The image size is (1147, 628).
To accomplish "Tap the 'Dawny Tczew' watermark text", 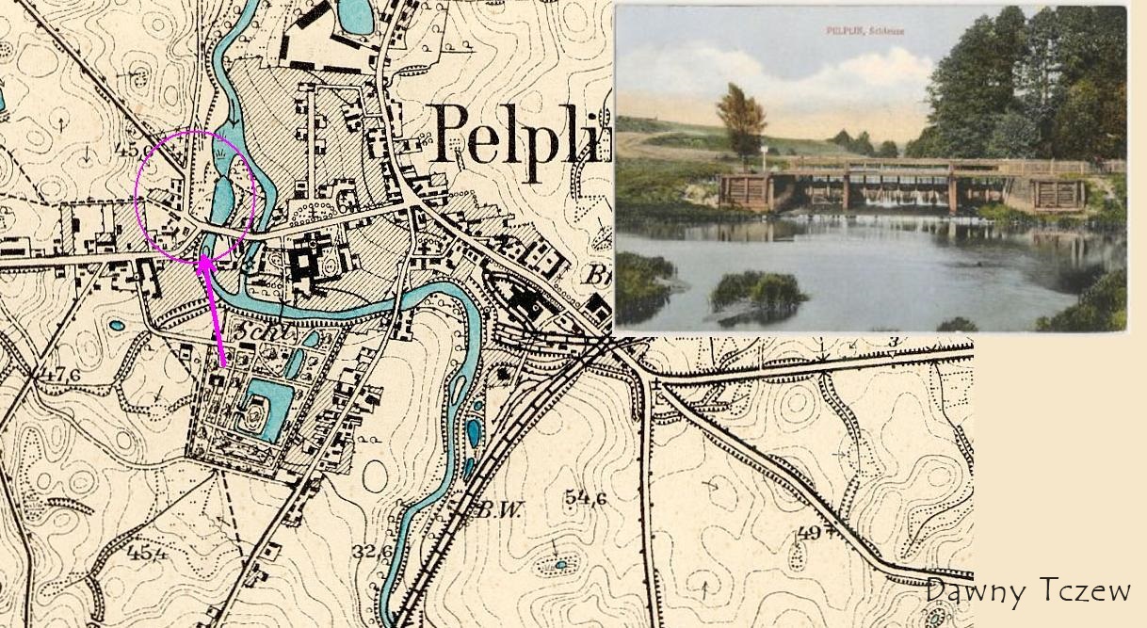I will coord(1027,591).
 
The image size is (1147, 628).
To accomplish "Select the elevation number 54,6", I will coord(586,498).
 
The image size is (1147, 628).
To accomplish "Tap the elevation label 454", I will coord(147,552).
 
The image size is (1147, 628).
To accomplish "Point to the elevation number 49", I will coord(809,534).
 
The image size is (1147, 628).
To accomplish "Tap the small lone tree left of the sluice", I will coord(741,121).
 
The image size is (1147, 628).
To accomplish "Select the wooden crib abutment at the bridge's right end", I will coord(1057,194).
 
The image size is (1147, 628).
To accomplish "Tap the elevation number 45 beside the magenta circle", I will coord(128,148).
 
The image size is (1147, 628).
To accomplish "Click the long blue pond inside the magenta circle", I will coord(224,198).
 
